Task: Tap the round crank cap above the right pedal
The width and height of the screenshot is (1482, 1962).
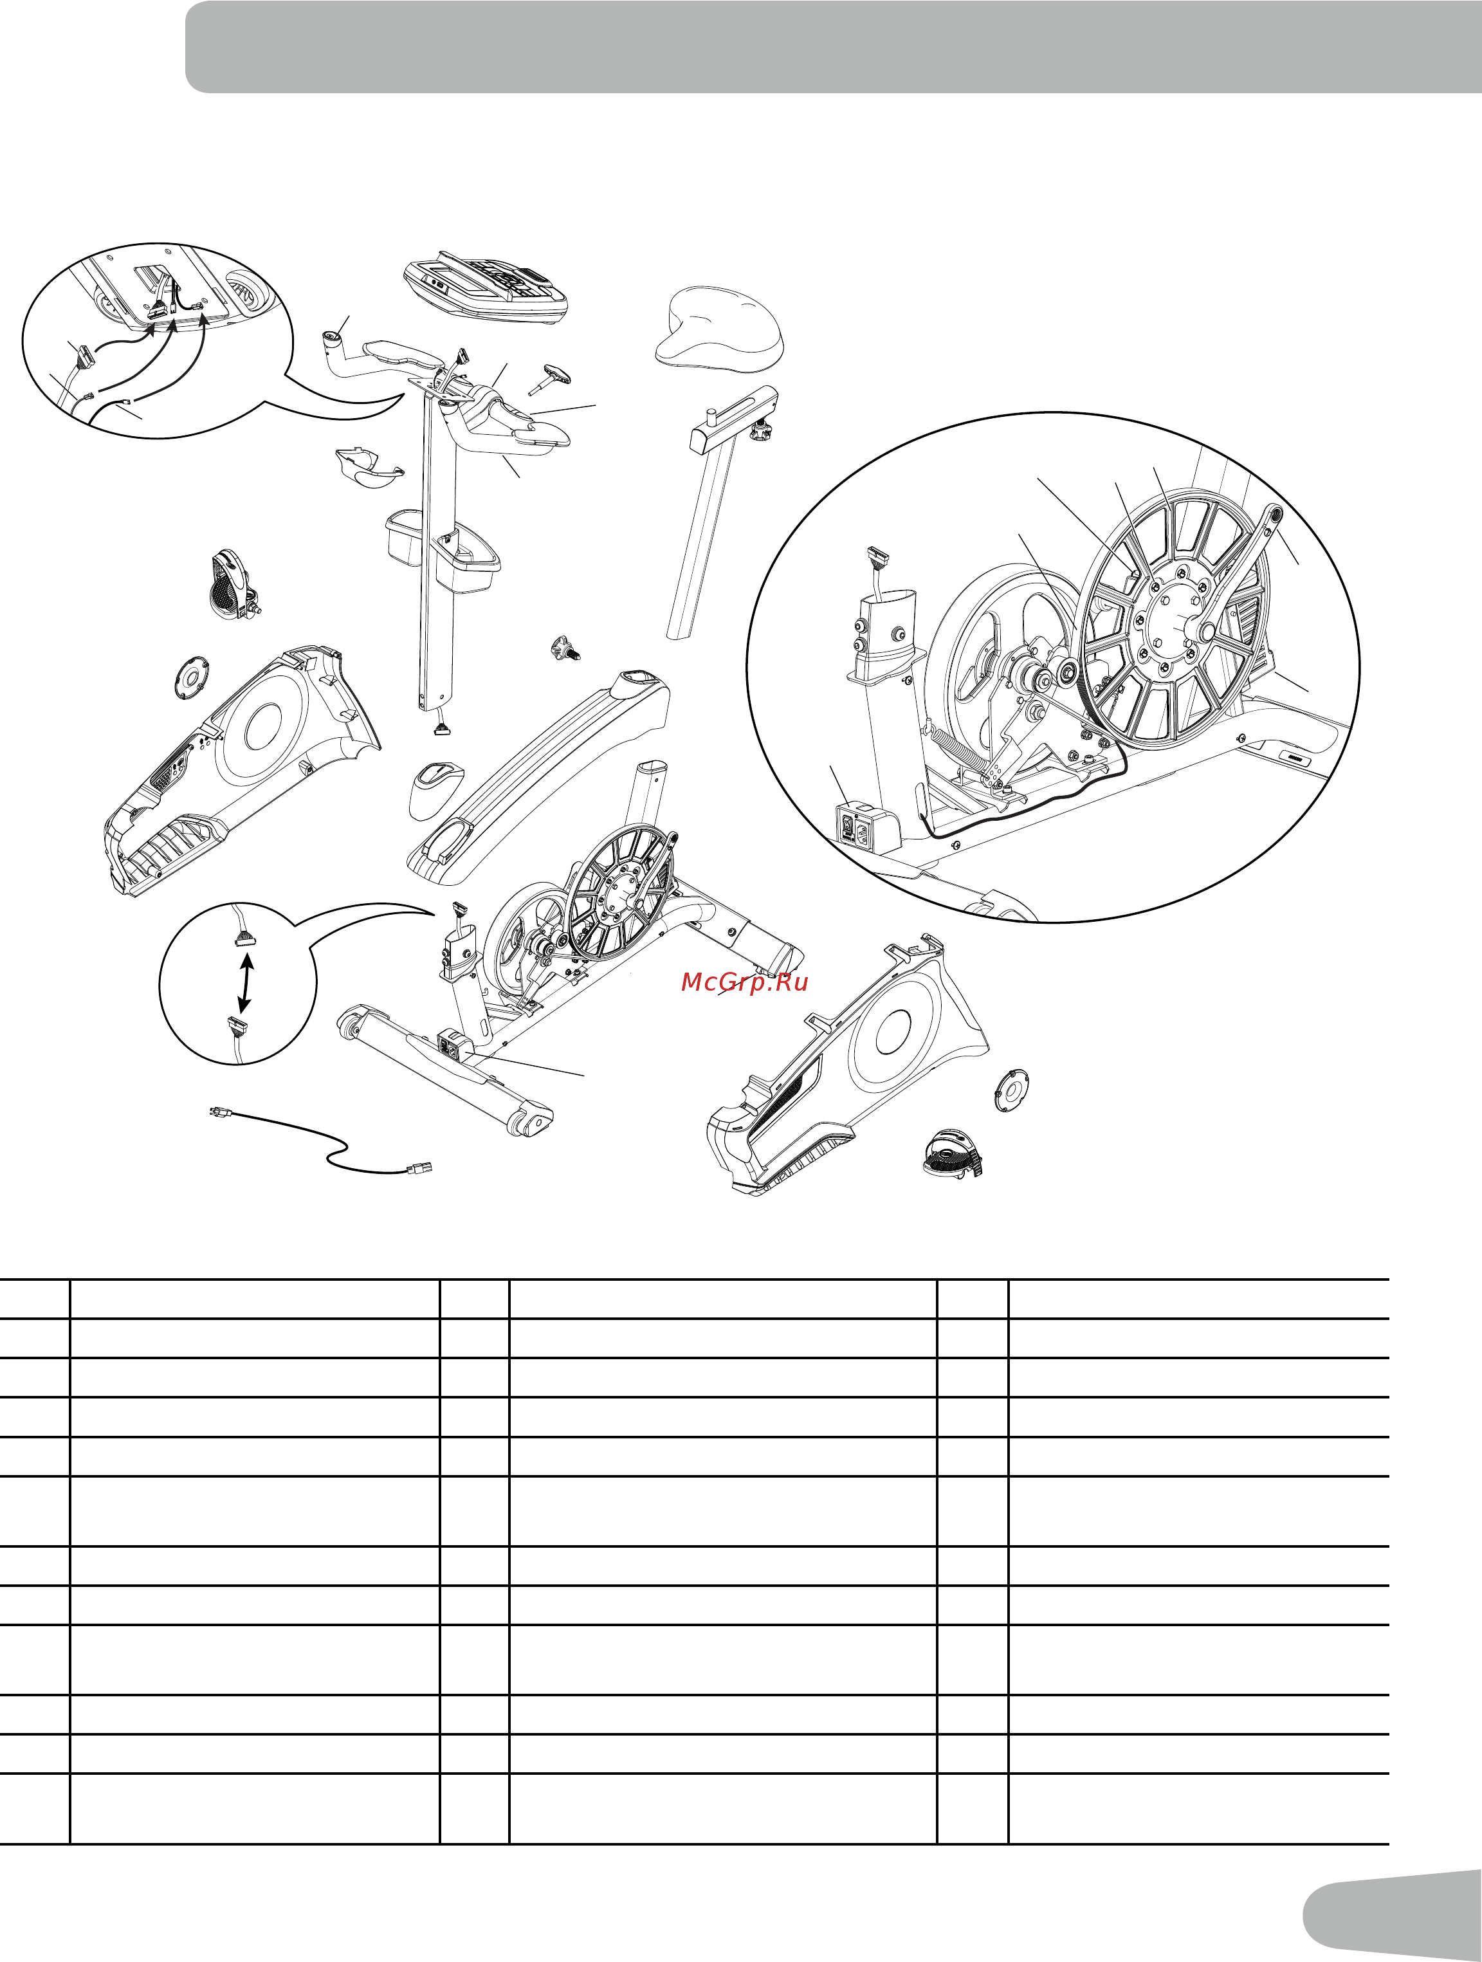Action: (1011, 1090)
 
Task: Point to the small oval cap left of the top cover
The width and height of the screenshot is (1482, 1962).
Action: (435, 787)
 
